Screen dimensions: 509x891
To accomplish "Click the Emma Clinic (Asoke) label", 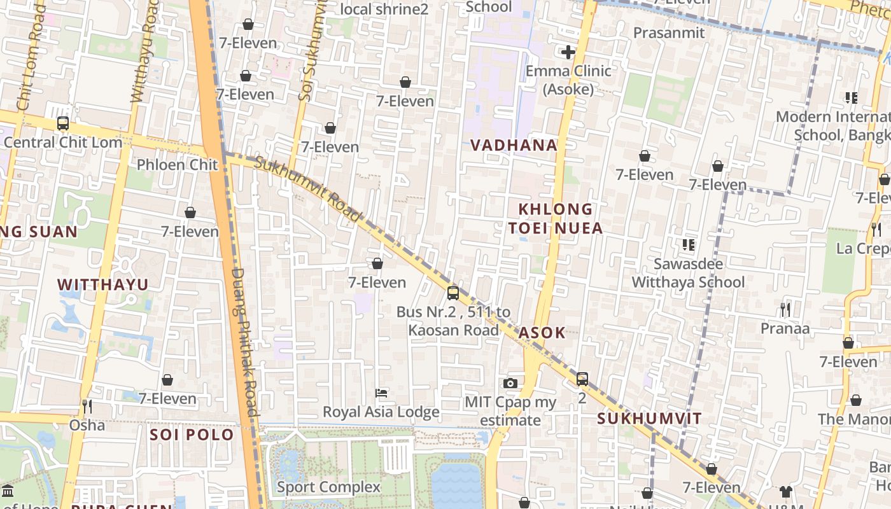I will [x=568, y=80].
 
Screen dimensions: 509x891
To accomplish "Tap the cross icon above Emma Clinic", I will [x=568, y=52].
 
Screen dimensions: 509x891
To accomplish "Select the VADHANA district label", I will [x=514, y=145].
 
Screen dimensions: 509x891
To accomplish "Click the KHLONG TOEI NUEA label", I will [x=556, y=218].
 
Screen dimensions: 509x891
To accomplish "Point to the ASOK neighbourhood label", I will [x=542, y=333].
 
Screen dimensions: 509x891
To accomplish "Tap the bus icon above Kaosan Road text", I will [x=453, y=293].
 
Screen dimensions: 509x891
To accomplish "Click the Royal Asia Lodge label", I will [x=381, y=412].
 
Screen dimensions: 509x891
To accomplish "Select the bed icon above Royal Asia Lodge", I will [x=381, y=393].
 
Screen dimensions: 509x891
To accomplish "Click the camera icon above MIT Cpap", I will [x=510, y=383].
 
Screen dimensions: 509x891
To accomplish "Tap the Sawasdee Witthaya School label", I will [x=688, y=273].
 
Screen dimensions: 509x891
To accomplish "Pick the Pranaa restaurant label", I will [x=785, y=328].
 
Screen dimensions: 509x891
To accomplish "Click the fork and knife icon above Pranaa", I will [x=785, y=310].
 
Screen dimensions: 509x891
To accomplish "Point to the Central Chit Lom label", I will [x=62, y=142].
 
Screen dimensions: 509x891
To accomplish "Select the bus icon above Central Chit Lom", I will [x=62, y=123].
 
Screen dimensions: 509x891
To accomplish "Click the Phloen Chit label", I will [x=178, y=165].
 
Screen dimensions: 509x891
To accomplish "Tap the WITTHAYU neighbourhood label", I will [x=102, y=284].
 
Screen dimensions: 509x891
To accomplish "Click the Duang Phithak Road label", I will [x=245, y=342].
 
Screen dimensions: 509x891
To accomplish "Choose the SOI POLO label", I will [x=192, y=435].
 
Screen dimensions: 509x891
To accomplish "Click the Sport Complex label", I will [x=328, y=487].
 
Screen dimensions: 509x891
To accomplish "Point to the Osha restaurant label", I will [x=87, y=424].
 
